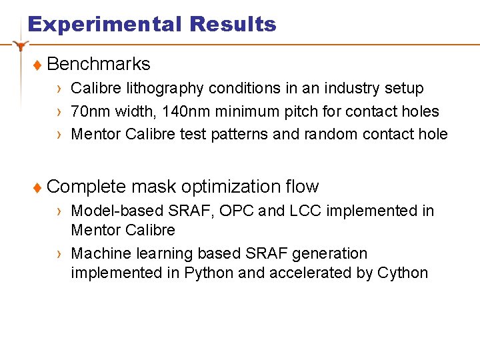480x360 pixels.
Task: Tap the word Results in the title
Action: coord(233,25)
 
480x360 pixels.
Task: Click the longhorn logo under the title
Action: coord(21,45)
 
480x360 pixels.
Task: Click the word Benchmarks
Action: coord(99,64)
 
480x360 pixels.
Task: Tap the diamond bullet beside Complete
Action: coord(37,188)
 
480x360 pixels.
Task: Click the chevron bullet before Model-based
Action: coord(60,211)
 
